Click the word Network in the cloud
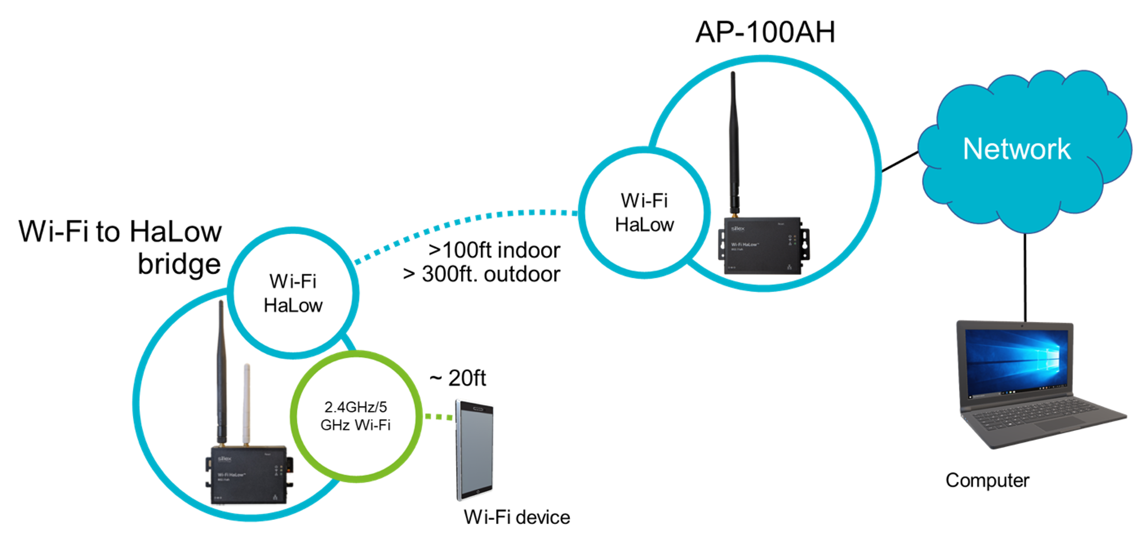[x=1016, y=149]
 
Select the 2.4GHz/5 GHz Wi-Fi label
[x=355, y=416]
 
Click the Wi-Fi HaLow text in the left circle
[x=293, y=294]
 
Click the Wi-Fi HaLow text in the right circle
[x=644, y=212]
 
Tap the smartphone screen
[x=475, y=449]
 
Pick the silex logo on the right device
[x=737, y=229]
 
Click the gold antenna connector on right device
[x=734, y=215]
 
